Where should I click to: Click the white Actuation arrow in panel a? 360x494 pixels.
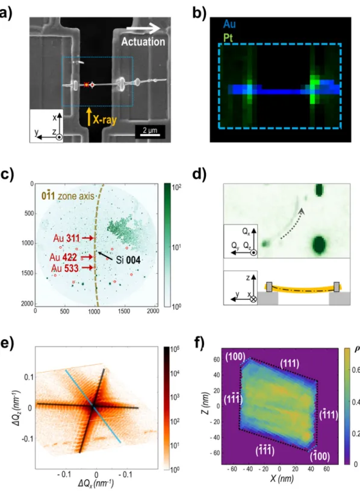point(143,29)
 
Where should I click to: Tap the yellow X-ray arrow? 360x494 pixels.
point(89,117)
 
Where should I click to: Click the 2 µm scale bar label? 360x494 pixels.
point(150,130)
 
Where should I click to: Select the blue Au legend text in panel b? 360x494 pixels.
point(229,24)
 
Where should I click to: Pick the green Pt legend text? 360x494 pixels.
point(228,38)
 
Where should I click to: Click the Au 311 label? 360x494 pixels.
point(66,238)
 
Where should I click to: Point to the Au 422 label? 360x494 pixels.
point(63,258)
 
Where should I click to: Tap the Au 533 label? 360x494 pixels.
point(65,268)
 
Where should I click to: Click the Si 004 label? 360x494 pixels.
point(128,260)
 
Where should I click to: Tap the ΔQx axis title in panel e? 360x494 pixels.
point(96,483)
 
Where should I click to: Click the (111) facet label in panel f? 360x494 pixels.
point(290,364)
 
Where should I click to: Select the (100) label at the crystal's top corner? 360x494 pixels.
point(235,357)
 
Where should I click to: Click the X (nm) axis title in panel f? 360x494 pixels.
point(282,479)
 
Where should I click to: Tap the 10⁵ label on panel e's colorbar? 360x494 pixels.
point(175,350)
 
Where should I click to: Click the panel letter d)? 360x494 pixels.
point(199,174)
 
